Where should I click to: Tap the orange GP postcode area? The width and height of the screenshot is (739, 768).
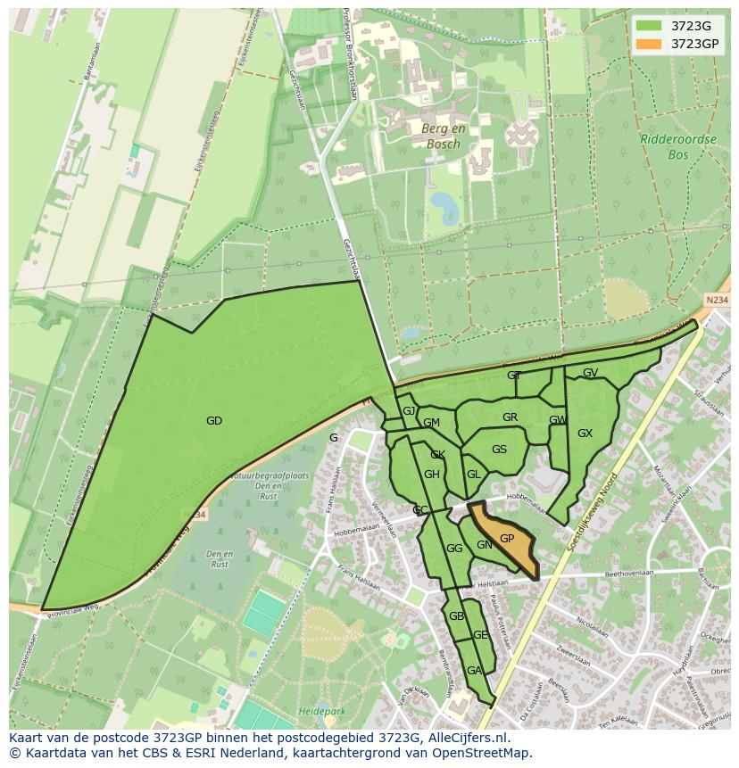tap(507, 539)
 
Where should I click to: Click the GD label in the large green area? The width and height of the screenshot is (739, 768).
tap(213, 421)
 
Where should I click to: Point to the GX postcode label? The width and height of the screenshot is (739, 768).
tap(585, 434)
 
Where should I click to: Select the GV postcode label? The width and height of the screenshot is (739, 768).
tap(590, 373)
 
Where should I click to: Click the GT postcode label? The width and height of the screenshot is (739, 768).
tap(514, 376)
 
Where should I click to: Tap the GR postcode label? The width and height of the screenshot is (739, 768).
tap(510, 417)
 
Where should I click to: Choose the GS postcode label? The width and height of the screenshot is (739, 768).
tap(499, 450)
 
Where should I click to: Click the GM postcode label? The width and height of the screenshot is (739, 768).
tap(431, 423)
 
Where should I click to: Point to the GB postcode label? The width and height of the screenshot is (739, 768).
tap(456, 616)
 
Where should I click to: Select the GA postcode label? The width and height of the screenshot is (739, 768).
tap(474, 671)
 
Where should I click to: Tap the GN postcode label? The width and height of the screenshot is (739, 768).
tap(484, 545)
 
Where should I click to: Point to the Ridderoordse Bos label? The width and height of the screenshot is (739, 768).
tap(666, 146)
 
